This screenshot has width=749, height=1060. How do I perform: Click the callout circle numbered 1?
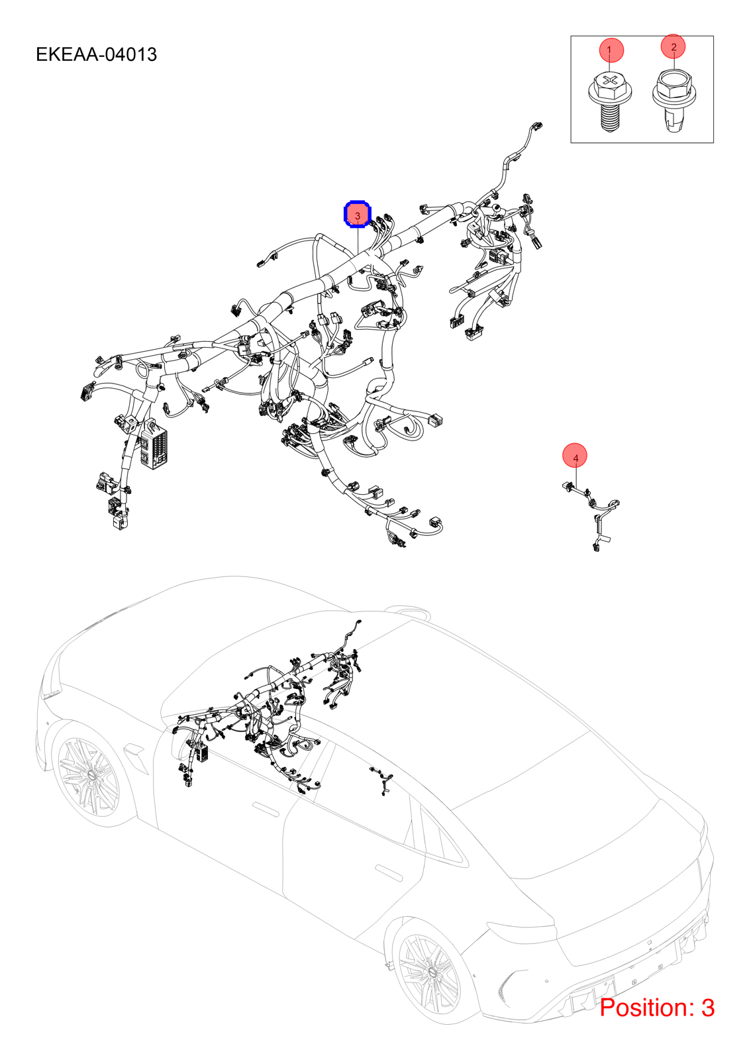point(611,50)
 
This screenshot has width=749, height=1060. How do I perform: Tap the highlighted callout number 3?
point(357,215)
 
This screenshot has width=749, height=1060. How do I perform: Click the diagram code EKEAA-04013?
point(96,54)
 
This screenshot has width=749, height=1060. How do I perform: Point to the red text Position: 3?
point(657,1008)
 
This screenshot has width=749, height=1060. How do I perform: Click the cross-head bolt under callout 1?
point(609,103)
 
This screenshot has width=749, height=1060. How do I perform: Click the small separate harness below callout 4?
point(591,515)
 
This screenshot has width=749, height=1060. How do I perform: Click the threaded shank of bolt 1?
point(609,119)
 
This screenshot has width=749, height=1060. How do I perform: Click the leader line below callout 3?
point(358,240)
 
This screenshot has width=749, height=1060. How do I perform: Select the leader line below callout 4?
point(575,476)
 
